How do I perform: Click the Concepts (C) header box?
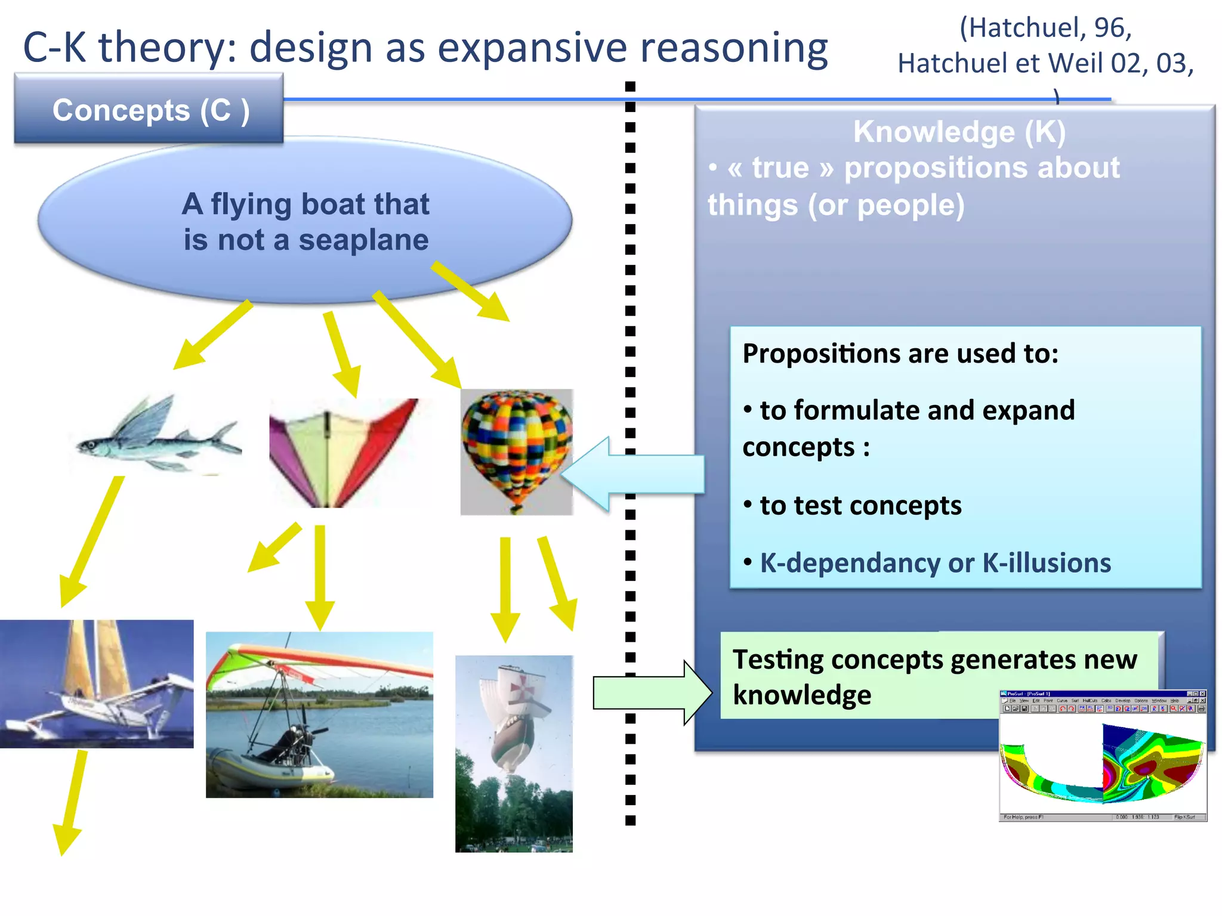(149, 110)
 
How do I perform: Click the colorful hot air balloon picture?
(516, 451)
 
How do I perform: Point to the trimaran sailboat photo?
(97, 683)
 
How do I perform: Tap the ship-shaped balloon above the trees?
(514, 716)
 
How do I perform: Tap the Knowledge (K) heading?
(959, 132)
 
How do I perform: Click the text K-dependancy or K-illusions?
(935, 563)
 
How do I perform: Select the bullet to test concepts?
(860, 506)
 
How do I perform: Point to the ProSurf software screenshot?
(1103, 756)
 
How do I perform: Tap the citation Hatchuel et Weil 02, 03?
(1045, 63)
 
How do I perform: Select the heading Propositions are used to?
(900, 354)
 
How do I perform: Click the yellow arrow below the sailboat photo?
(71, 802)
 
